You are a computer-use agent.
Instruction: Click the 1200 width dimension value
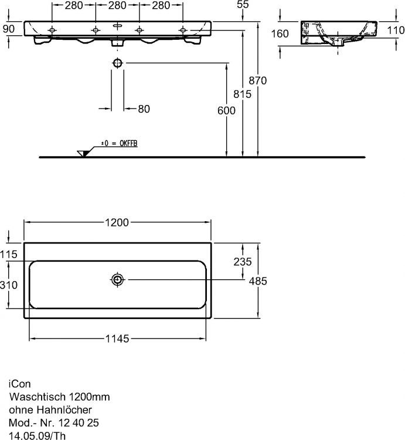[x=117, y=222]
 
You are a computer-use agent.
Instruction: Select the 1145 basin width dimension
[x=117, y=339]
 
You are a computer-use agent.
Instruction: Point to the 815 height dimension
[x=242, y=94]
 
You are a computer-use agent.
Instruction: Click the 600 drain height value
[x=226, y=110]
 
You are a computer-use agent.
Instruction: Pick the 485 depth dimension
[x=258, y=281]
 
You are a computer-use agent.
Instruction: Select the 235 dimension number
[x=241, y=262]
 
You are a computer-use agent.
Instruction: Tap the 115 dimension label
[x=10, y=253]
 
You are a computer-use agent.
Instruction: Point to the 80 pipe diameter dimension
[x=143, y=109]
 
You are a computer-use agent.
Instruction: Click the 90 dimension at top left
[x=8, y=29]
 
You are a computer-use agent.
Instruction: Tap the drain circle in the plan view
[x=118, y=279]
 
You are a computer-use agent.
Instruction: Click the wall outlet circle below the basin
[x=117, y=63]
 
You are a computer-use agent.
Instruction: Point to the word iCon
[x=18, y=384]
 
